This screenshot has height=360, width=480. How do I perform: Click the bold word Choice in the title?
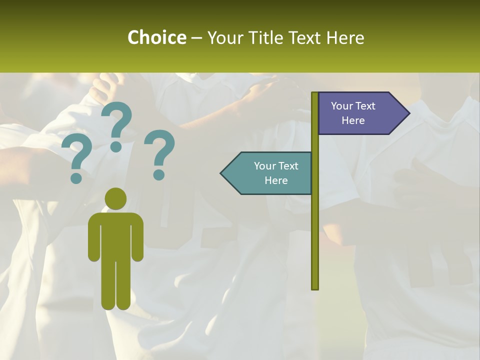click(156, 37)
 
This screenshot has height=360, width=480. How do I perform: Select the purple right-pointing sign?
click(360, 113)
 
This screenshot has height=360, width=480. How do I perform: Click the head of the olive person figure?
click(115, 198)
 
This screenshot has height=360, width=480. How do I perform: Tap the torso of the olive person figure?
click(115, 235)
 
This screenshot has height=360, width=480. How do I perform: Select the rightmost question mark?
click(159, 152)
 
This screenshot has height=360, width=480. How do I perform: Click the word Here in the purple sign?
click(353, 120)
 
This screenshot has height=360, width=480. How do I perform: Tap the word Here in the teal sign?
click(276, 180)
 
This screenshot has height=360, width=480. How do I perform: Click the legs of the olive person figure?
click(115, 285)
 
